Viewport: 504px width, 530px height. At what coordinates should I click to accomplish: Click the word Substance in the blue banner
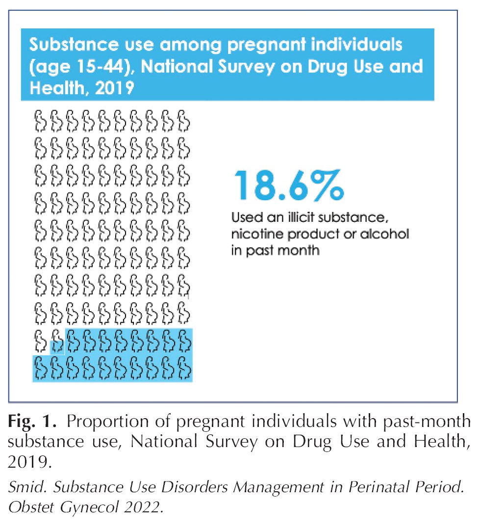[74, 45]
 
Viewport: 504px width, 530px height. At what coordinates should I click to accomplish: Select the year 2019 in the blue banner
[114, 88]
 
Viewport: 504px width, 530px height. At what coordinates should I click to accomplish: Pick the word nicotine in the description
[257, 234]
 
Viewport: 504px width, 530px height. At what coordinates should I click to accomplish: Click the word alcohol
[384, 234]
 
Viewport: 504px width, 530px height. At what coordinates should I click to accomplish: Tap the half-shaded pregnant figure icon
[57, 342]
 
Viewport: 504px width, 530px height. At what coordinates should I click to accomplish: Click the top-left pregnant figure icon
[41, 121]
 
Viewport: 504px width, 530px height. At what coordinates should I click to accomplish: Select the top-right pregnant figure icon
[184, 121]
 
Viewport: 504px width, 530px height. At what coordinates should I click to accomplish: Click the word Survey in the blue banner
[247, 67]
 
